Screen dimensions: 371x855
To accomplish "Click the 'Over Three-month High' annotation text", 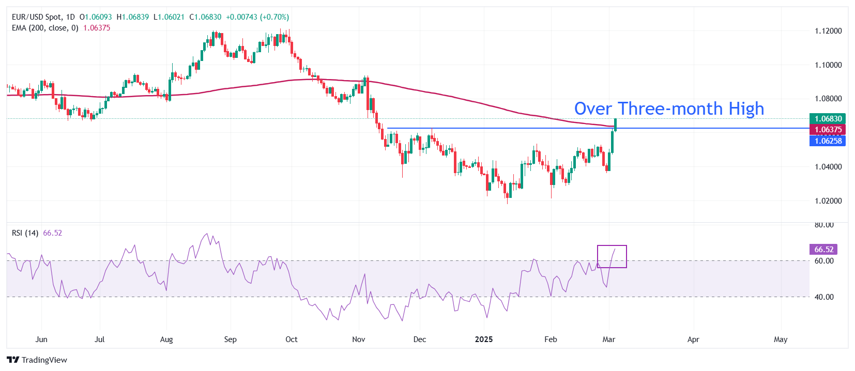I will tap(669, 109).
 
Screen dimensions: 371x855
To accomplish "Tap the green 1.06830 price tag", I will tap(827, 119).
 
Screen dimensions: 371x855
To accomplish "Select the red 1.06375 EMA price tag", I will tap(827, 130).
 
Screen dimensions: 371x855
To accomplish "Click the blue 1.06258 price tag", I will tap(827, 141).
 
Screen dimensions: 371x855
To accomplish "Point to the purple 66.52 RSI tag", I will tap(823, 250).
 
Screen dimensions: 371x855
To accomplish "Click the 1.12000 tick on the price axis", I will tap(828, 31).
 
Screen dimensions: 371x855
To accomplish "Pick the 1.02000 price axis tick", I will tap(828, 201).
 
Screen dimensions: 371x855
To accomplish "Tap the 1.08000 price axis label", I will tap(828, 99).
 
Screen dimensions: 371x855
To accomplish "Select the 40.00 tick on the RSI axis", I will tap(824, 297).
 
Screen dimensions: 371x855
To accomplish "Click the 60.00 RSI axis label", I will tap(824, 261).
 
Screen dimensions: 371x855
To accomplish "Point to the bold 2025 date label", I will tap(484, 339).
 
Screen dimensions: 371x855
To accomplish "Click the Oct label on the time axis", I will tap(292, 339).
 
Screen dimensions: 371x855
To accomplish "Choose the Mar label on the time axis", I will tap(609, 339).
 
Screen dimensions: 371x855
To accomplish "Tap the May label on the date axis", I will tap(781, 339).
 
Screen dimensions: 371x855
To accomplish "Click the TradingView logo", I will tap(37, 360).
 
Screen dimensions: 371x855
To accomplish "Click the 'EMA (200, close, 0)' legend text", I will tap(45, 28).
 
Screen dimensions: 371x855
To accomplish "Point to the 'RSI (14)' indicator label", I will tap(25, 233).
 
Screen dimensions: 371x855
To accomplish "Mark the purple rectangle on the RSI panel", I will tap(612, 256).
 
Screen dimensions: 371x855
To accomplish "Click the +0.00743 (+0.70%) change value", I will tap(257, 17).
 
